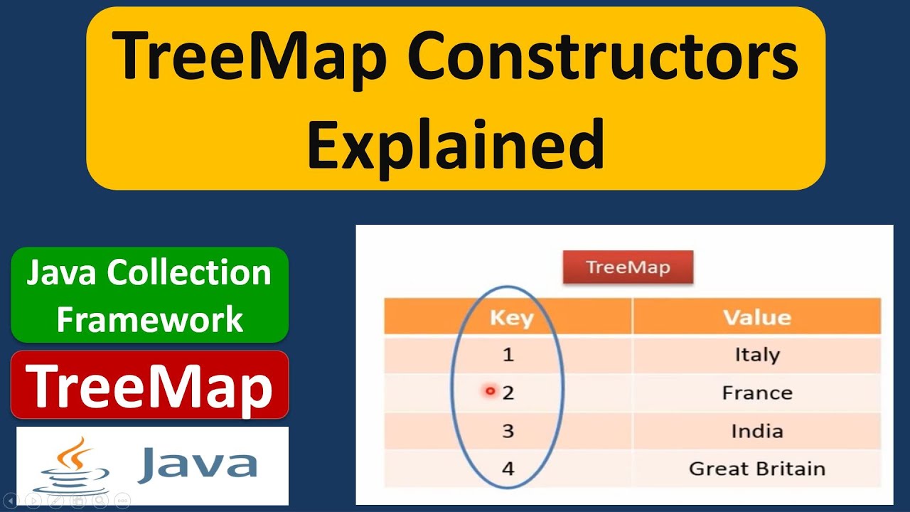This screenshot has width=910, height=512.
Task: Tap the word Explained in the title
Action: (x=455, y=144)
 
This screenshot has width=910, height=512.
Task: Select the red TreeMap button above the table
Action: (x=628, y=268)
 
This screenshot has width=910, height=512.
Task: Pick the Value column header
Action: (x=756, y=317)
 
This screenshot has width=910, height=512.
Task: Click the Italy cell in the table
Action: (x=756, y=354)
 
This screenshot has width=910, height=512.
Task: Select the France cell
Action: (x=756, y=393)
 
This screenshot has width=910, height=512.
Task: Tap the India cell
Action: (x=756, y=431)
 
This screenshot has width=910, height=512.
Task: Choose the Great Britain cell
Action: (x=756, y=469)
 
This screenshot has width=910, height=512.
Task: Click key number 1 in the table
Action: (x=508, y=354)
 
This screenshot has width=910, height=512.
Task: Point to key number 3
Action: (x=508, y=431)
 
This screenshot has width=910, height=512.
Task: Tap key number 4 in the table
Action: (x=508, y=469)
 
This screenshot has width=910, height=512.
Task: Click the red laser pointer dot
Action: (x=490, y=391)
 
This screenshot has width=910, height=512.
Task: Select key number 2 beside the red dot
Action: (x=508, y=393)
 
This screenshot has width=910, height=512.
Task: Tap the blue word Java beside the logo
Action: (x=197, y=464)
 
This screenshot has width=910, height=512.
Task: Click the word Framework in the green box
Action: (x=149, y=319)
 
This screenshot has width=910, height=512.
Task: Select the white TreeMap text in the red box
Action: (x=149, y=386)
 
